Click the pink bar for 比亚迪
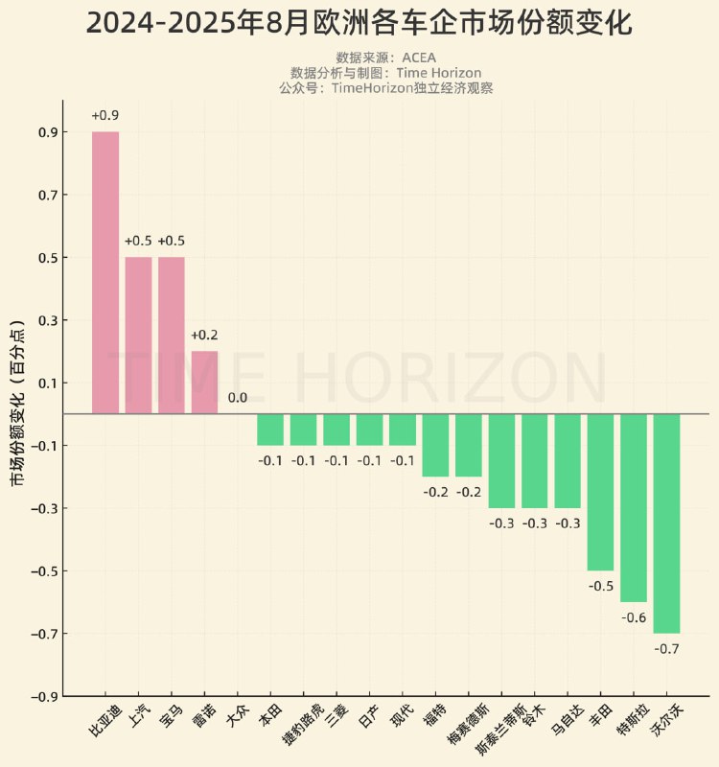click(x=105, y=272)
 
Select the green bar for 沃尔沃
click(x=666, y=523)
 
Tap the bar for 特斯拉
click(x=634, y=507)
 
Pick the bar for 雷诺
click(x=204, y=382)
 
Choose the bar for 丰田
click(x=601, y=492)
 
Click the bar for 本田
click(x=270, y=430)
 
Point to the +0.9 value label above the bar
click(x=104, y=116)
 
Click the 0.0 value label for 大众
click(x=237, y=398)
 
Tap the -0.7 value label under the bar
click(x=666, y=649)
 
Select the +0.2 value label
click(x=204, y=336)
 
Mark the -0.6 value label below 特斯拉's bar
click(x=634, y=617)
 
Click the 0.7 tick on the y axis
click(x=47, y=195)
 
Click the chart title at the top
click(x=359, y=23)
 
